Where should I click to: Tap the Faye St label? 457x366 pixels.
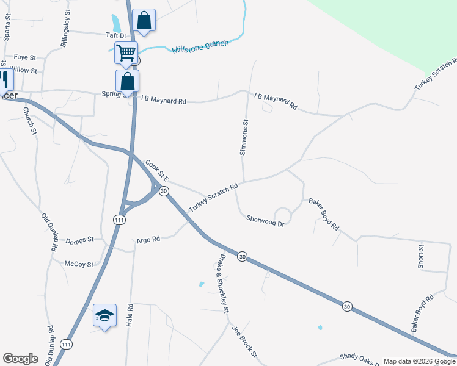point(25,57)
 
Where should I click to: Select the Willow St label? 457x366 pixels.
point(24,70)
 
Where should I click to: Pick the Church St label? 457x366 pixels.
point(30,120)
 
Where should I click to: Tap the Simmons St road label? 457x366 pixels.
point(244,137)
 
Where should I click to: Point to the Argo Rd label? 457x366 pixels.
point(148,240)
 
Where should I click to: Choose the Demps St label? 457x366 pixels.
point(79,240)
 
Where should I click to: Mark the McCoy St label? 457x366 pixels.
point(79,264)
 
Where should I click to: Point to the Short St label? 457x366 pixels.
point(421,256)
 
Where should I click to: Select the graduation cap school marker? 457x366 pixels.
point(104,315)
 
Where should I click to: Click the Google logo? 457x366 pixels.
point(20,359)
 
